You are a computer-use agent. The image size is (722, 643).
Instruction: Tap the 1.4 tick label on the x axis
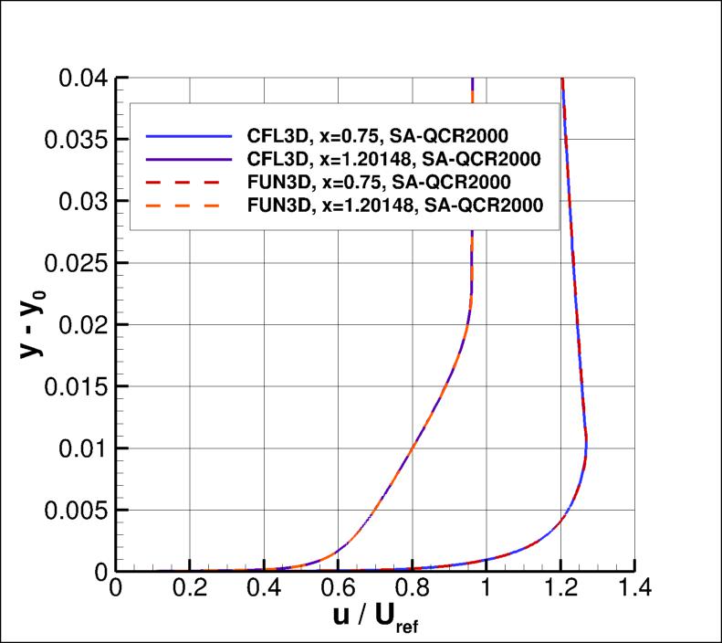(x=633, y=592)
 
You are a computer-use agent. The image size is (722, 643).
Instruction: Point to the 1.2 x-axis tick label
(x=560, y=592)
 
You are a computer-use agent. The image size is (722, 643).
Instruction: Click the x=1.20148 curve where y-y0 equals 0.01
(x=413, y=448)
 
